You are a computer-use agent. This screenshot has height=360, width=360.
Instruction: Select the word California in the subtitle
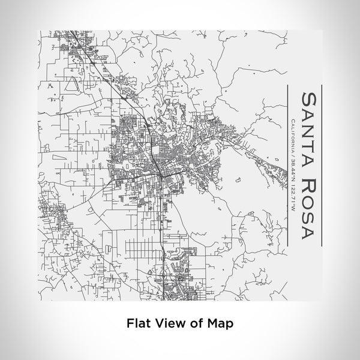tap(292, 137)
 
